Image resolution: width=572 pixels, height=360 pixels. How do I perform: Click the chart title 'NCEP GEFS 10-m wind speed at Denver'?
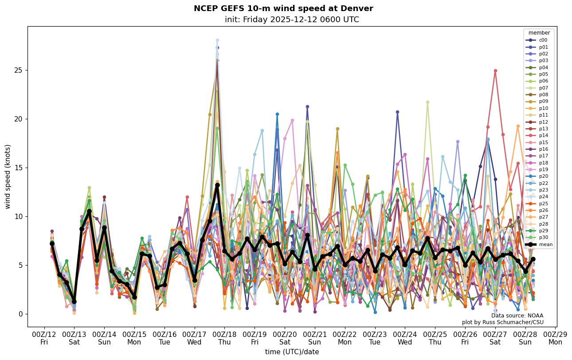click(283, 8)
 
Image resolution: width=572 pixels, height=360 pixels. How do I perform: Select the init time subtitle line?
click(292, 20)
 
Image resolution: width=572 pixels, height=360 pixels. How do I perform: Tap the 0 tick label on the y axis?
click(20, 314)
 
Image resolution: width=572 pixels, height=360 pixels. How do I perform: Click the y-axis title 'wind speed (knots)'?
click(8, 176)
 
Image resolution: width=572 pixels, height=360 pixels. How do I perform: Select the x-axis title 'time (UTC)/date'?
click(292, 352)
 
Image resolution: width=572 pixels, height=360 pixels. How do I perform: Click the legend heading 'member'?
click(539, 33)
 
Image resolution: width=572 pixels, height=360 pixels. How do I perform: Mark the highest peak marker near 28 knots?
click(217, 40)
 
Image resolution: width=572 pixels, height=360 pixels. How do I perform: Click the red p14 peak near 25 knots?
click(495, 70)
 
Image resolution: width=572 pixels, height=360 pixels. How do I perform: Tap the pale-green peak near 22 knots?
click(427, 102)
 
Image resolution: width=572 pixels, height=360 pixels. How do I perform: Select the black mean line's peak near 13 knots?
click(217, 185)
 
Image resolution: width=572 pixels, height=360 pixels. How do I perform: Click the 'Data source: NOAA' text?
click(517, 316)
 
